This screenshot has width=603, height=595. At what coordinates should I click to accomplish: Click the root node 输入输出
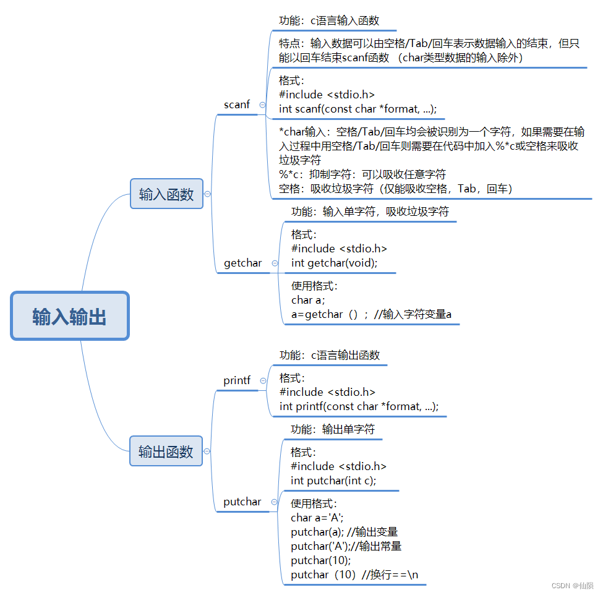point(69,317)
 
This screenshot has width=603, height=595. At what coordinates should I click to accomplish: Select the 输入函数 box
point(166,194)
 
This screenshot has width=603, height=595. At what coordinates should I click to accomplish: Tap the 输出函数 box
point(166,452)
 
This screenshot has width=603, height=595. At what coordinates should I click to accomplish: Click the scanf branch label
point(237,105)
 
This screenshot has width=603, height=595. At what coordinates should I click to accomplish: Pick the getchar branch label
point(243,263)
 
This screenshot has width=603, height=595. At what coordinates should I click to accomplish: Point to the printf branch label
point(237,380)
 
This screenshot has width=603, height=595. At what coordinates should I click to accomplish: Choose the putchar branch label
point(242,502)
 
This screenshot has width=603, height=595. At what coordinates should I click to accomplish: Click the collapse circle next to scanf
point(262,105)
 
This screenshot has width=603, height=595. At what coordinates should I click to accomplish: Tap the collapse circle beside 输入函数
point(208,194)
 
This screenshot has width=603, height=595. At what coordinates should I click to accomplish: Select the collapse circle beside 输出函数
point(207,452)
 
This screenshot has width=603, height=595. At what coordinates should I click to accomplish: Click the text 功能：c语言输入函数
point(329,20)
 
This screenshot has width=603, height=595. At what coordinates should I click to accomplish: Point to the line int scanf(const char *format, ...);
point(358,109)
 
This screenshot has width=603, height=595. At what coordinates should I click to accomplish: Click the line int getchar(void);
point(334,263)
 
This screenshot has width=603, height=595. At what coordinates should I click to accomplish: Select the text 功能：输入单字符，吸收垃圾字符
point(370,212)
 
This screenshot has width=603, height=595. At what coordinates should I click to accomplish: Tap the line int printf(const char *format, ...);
point(359,406)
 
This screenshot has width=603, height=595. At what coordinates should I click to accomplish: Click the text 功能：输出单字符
point(333,429)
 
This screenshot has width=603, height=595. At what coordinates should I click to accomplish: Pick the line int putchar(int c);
point(333,481)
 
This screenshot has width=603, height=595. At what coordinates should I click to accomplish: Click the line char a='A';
point(317,518)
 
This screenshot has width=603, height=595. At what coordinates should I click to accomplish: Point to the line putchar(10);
point(320,560)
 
